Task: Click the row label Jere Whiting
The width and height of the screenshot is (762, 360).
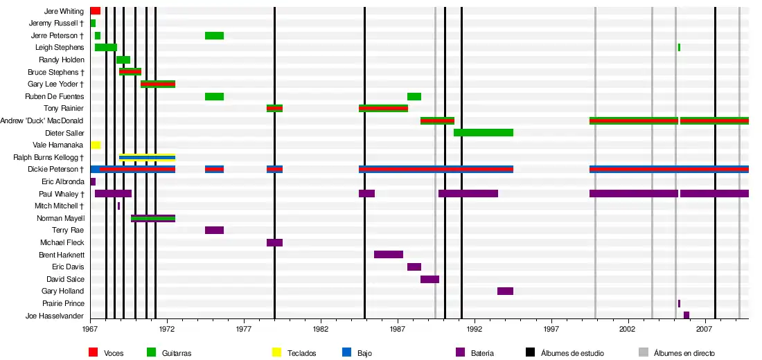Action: [64, 12]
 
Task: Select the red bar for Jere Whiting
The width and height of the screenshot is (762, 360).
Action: [96, 11]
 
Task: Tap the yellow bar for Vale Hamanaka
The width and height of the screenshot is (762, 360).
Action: [96, 145]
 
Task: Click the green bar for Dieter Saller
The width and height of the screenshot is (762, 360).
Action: [484, 133]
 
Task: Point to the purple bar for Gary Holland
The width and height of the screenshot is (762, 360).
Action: [505, 291]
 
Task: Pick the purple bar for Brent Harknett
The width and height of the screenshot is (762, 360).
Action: [389, 255]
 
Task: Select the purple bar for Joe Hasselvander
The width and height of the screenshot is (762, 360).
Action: [686, 316]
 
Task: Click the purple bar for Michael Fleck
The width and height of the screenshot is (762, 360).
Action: [274, 243]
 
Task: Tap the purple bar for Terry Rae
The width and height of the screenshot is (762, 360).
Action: [214, 231]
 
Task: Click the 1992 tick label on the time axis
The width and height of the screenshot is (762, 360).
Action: [475, 330]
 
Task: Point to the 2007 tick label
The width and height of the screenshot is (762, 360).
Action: [705, 330]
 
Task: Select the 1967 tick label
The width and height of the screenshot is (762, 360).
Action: [91, 330]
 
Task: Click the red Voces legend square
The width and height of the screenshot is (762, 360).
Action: [93, 352]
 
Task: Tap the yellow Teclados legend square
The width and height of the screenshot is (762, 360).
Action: [276, 352]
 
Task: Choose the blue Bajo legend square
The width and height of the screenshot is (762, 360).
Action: [347, 352]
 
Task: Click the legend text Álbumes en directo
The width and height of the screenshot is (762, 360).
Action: [684, 353]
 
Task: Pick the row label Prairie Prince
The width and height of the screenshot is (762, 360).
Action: [63, 303]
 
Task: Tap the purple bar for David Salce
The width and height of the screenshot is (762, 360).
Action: [429, 280]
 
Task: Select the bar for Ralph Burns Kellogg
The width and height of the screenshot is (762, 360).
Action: [147, 158]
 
